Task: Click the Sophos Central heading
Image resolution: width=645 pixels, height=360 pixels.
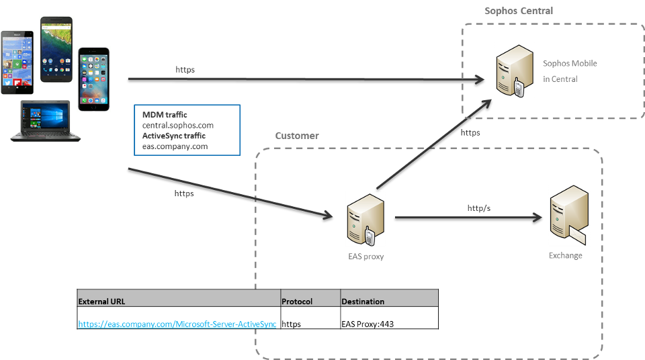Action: pyautogui.click(x=519, y=11)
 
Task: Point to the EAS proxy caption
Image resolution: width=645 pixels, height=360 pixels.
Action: pyautogui.click(x=365, y=256)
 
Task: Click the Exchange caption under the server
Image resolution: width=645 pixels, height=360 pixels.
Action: pyautogui.click(x=565, y=256)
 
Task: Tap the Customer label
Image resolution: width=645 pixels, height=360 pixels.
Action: pyautogui.click(x=297, y=136)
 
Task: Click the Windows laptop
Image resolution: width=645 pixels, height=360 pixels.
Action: pyautogui.click(x=45, y=120)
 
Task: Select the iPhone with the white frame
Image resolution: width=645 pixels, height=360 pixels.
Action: pyautogui.click(x=93, y=79)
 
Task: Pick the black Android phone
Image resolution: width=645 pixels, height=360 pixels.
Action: pyautogui.click(x=56, y=49)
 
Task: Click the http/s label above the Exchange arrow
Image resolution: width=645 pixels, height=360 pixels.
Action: pyautogui.click(x=479, y=208)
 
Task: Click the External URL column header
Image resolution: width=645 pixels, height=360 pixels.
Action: pyautogui.click(x=101, y=302)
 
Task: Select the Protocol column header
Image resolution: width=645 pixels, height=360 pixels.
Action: pyautogui.click(x=297, y=302)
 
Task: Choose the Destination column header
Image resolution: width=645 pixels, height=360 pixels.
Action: pyautogui.click(x=363, y=302)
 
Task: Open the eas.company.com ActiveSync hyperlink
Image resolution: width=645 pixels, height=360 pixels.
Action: pyautogui.click(x=177, y=324)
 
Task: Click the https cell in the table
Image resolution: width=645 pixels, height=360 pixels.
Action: pyautogui.click(x=291, y=324)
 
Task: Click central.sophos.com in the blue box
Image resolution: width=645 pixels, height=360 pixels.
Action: pyautogui.click(x=177, y=125)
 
